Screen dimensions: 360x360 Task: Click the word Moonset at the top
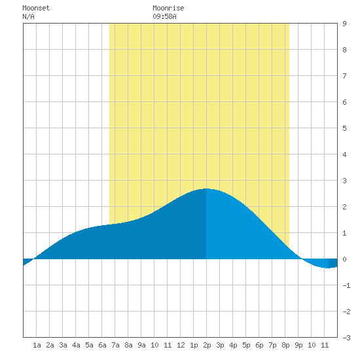[36, 8]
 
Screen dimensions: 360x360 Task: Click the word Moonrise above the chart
[168, 8]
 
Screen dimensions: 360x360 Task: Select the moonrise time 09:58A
[164, 16]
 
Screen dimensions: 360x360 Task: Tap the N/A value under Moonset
[28, 16]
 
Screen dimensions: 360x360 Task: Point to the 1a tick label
[37, 345]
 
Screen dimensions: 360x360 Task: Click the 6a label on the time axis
[102, 345]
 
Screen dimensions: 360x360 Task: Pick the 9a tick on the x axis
[141, 345]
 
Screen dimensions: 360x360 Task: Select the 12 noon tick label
[181, 345]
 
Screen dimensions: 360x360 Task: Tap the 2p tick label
[207, 345]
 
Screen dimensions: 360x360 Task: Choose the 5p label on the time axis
[246, 345]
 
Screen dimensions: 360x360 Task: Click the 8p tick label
[285, 345]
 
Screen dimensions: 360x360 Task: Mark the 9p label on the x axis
[298, 345]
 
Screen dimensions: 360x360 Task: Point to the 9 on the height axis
[344, 24]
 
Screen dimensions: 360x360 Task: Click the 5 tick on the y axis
[344, 128]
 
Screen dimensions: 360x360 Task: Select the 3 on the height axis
[344, 181]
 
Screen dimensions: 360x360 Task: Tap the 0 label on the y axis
[344, 259]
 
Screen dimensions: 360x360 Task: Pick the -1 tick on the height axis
[346, 285]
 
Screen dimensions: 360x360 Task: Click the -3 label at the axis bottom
[346, 338]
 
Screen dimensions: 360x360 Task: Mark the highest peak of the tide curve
[206, 189]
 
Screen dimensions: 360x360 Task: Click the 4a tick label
[76, 345]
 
